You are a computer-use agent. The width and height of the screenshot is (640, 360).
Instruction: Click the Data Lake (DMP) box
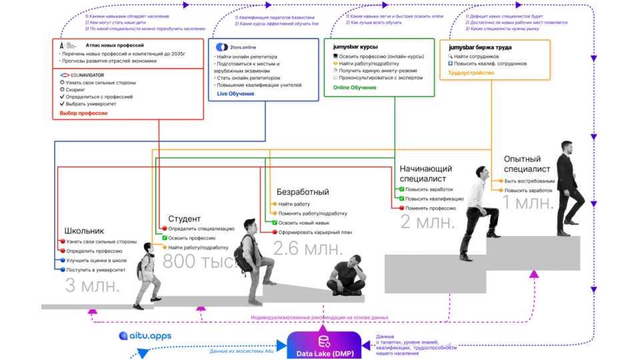323,346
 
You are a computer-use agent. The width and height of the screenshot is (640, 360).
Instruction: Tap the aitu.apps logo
145,336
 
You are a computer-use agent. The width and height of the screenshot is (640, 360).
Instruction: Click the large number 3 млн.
93,286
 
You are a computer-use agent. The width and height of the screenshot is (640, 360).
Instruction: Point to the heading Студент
184,219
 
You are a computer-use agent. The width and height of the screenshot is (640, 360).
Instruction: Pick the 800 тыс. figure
200,262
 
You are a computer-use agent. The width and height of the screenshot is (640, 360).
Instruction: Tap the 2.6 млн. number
308,249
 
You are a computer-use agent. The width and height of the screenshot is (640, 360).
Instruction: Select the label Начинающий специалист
425,173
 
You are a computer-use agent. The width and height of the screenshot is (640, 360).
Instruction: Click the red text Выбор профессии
83,113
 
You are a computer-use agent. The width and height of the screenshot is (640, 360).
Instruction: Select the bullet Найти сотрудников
478,56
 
